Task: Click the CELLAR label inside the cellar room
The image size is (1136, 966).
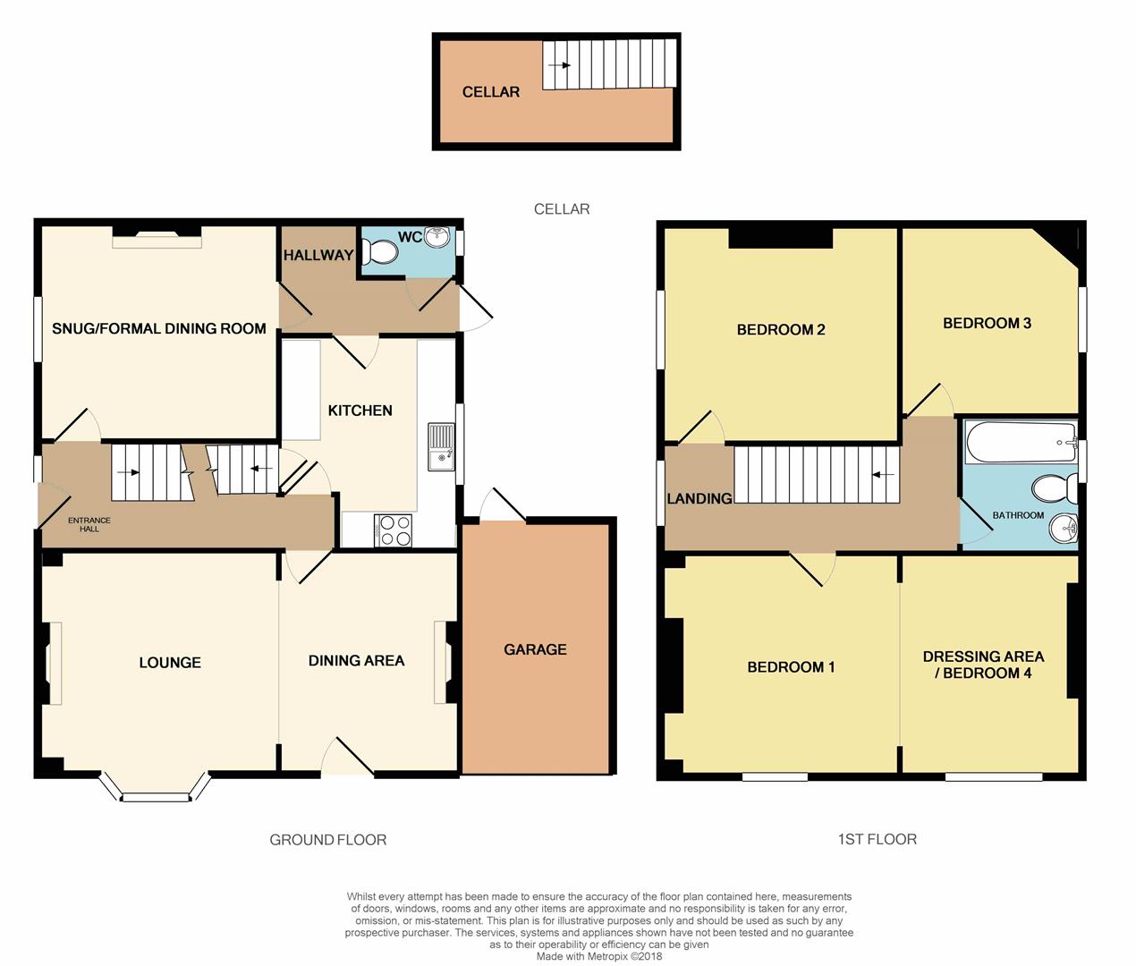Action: [x=491, y=92]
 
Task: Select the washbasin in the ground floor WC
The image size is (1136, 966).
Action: [x=437, y=238]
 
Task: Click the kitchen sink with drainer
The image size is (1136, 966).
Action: [x=441, y=446]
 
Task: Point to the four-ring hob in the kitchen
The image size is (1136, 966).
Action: [x=393, y=530]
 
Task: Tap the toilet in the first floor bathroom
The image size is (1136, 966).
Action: [x=1055, y=488]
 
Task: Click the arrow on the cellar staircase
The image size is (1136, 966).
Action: [x=559, y=65]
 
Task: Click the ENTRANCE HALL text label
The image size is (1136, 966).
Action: [x=89, y=524]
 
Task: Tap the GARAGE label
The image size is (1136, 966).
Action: [x=535, y=649]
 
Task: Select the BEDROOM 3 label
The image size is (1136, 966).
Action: [x=987, y=323]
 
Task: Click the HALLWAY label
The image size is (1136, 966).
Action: [x=318, y=255]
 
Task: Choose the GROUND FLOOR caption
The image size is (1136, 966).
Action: [x=328, y=840]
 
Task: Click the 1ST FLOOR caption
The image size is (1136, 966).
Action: [x=877, y=839]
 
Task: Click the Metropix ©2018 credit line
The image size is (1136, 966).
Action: [x=599, y=956]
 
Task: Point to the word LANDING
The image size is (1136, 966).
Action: [x=699, y=498]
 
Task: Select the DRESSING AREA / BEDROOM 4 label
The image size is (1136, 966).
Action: [x=983, y=665]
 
